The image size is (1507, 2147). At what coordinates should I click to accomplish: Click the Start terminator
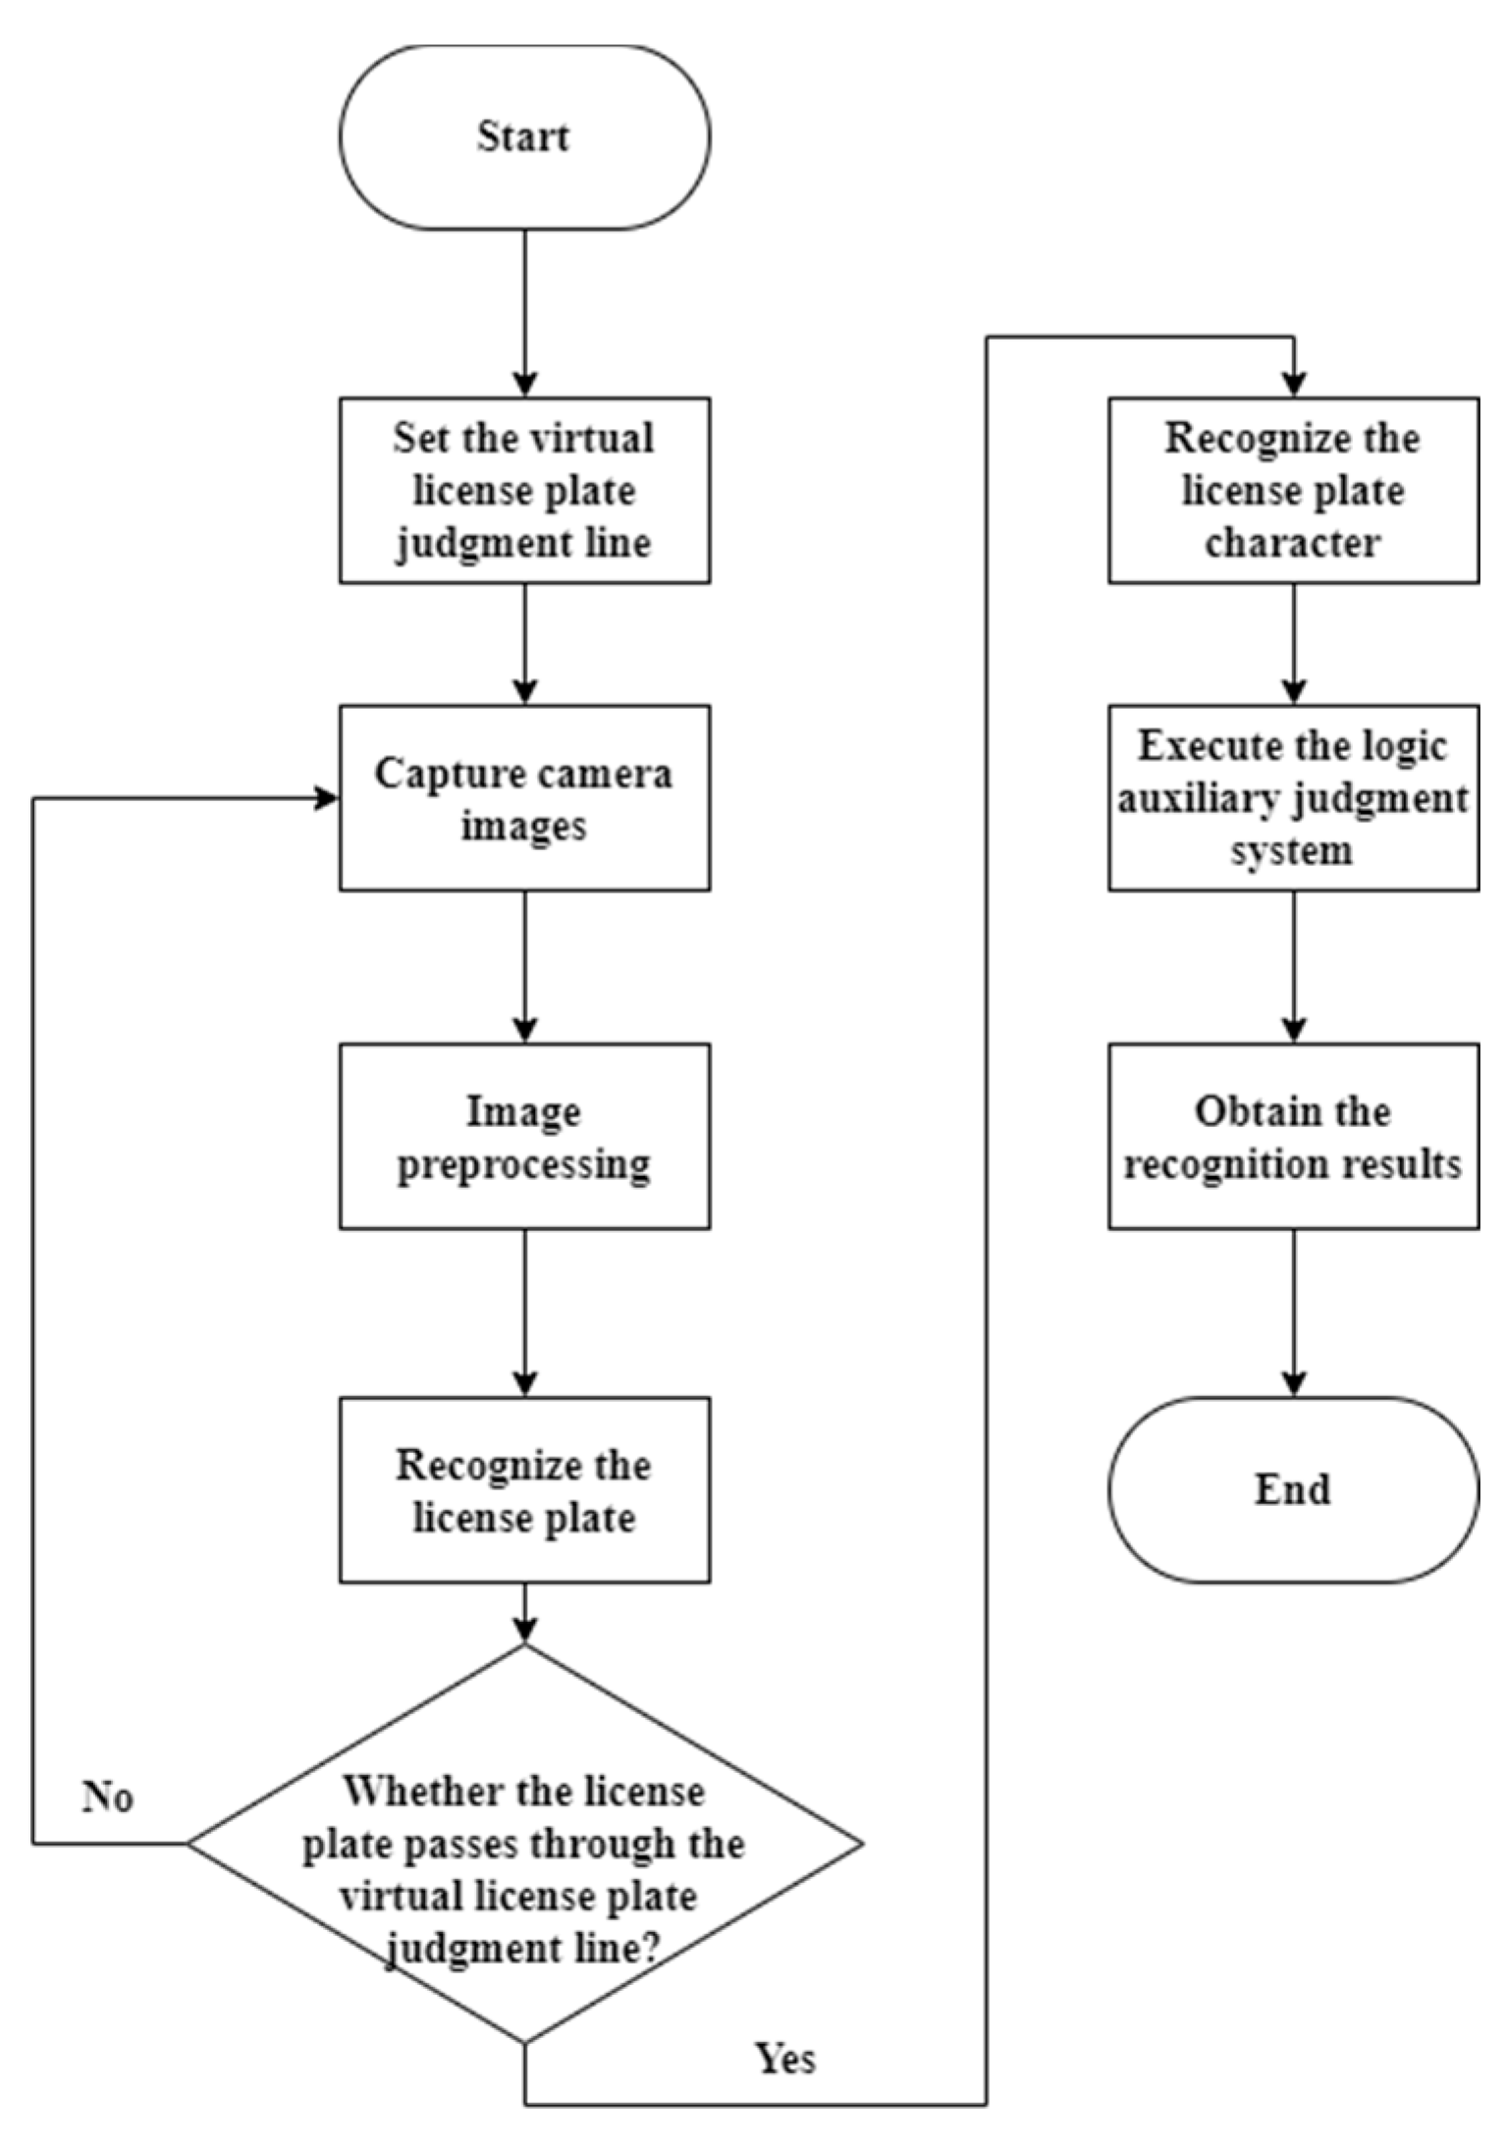(524, 137)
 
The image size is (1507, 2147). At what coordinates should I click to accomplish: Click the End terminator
(1293, 1489)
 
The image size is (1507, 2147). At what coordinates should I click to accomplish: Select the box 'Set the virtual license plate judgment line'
(524, 490)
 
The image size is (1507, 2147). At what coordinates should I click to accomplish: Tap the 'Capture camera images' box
(524, 797)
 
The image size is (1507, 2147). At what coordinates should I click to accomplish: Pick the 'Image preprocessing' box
(524, 1136)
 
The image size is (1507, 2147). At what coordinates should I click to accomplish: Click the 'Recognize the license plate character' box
(1293, 490)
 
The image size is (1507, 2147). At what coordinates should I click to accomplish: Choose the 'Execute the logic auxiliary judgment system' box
(1293, 797)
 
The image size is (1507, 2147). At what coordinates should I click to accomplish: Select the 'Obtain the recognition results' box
(1293, 1136)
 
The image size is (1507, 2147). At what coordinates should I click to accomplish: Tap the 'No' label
(107, 1797)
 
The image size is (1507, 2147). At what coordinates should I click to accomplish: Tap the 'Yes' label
(785, 2058)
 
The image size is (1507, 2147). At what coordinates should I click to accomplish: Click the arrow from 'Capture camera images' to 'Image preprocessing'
(524, 966)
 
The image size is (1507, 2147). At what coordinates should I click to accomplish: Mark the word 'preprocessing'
(524, 1164)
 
